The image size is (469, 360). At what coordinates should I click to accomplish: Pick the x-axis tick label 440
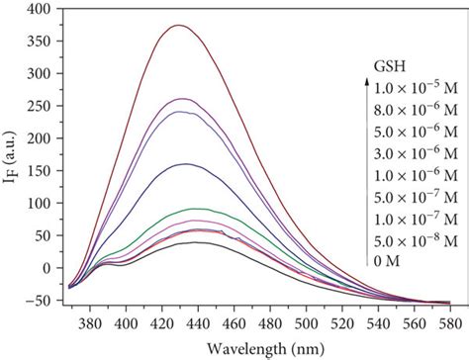(198, 322)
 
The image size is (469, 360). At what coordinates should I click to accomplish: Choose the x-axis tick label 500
(306, 322)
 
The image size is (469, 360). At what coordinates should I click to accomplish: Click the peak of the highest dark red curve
(178, 26)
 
